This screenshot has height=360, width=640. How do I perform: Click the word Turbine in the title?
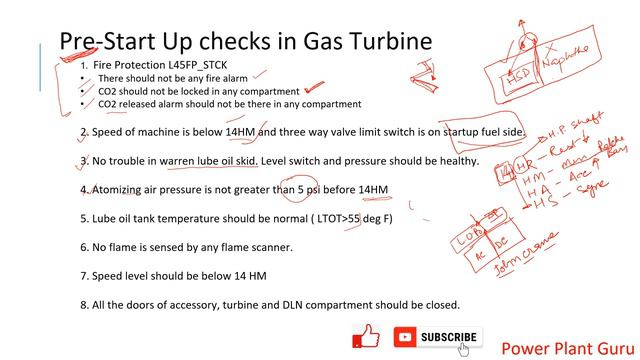[x=388, y=41]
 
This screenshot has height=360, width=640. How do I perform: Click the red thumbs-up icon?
[x=367, y=338]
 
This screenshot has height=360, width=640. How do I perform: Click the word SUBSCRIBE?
[x=449, y=338]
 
